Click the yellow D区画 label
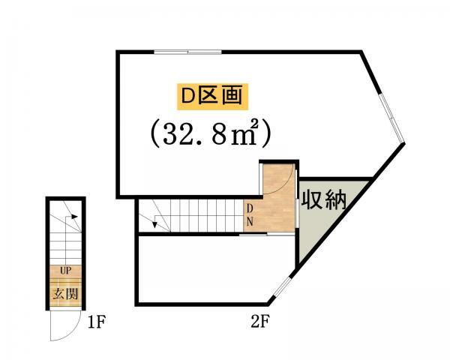(212, 97)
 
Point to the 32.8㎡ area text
(210, 133)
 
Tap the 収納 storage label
(324, 199)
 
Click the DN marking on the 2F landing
(250, 215)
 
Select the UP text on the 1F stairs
(66, 270)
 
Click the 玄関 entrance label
(66, 294)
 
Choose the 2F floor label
(260, 322)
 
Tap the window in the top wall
(187, 52)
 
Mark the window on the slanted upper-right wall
(392, 118)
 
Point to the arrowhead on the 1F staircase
(74, 217)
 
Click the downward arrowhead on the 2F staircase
(154, 224)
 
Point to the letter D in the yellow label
(188, 97)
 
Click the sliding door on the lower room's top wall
(253, 235)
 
